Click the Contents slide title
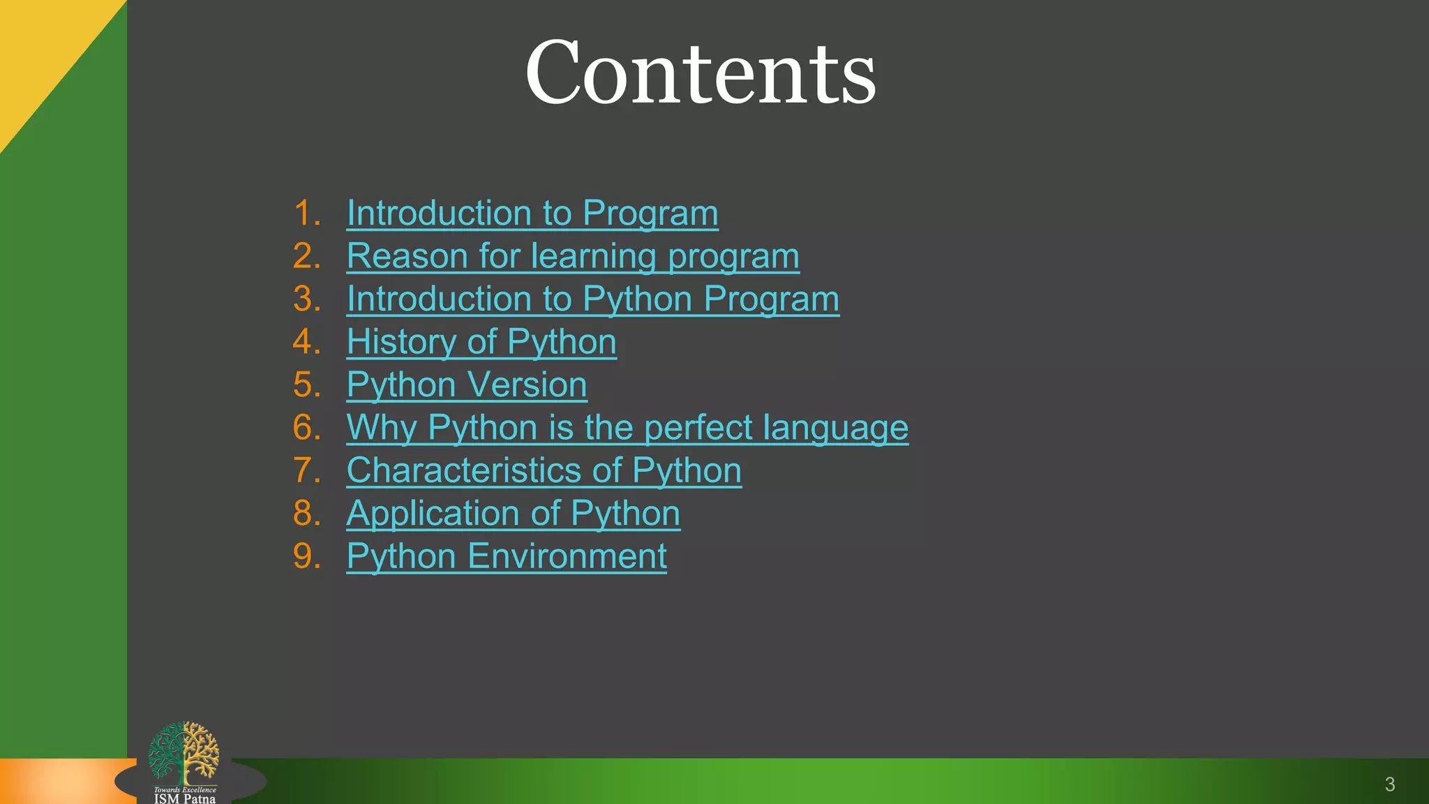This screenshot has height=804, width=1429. [700, 73]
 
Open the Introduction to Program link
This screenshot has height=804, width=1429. [532, 213]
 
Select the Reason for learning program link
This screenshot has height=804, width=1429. [573, 256]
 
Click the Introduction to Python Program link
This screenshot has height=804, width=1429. [592, 299]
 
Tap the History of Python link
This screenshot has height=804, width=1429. [481, 342]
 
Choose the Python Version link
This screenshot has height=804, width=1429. [467, 385]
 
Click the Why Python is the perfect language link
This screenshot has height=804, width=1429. [627, 427]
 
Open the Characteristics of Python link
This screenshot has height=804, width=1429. [544, 470]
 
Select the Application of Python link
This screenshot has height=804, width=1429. [513, 513]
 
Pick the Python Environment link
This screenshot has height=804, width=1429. [507, 556]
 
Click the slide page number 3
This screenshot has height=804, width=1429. [1389, 784]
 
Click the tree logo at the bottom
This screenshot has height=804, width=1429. [184, 752]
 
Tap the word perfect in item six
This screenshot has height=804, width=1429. [698, 427]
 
